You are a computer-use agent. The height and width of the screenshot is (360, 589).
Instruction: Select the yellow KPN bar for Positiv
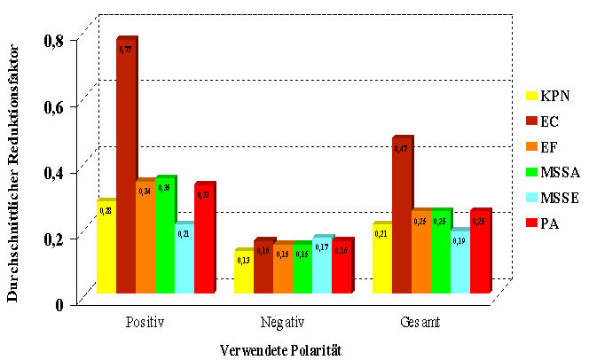coord(106,247)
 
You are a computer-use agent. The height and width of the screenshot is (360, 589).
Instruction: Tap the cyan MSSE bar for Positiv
coord(185,258)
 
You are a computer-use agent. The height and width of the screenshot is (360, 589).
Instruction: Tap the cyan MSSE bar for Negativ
coord(321,265)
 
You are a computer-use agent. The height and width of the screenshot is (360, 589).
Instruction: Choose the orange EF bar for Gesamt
coord(421,252)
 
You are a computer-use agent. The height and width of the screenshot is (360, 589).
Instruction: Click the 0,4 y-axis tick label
coord(54,172)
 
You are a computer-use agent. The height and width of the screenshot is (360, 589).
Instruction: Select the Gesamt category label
coord(420,319)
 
